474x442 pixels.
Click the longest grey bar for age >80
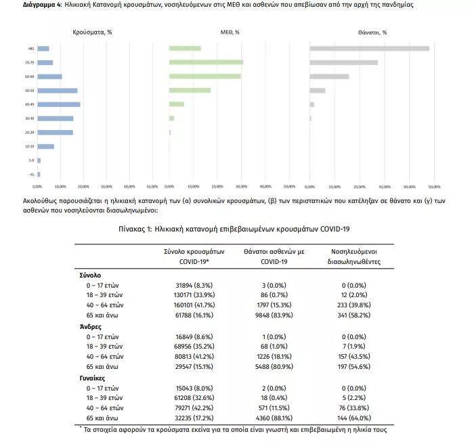coord(369,48)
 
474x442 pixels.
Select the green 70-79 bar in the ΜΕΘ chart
coord(206,62)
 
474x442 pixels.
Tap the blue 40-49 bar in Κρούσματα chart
coord(59,104)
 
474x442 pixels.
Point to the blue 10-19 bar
coord(46,146)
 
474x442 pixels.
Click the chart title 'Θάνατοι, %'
coord(372,32)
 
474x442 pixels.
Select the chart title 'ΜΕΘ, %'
coord(230,32)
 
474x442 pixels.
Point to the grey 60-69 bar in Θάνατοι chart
coord(329,76)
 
